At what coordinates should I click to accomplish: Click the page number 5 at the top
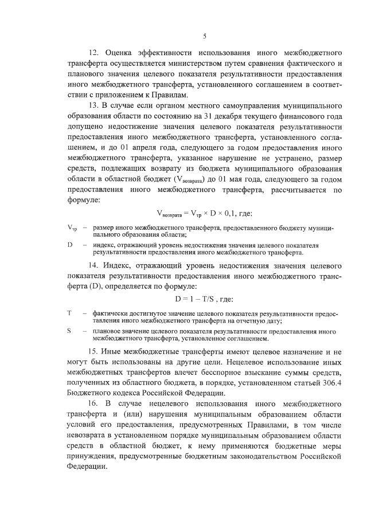click(x=204, y=37)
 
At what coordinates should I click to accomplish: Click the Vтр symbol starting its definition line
click(x=72, y=227)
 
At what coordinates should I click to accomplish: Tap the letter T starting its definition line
click(x=69, y=313)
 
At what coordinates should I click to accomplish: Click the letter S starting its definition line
click(x=69, y=331)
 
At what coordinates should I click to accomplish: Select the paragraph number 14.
click(x=93, y=265)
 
